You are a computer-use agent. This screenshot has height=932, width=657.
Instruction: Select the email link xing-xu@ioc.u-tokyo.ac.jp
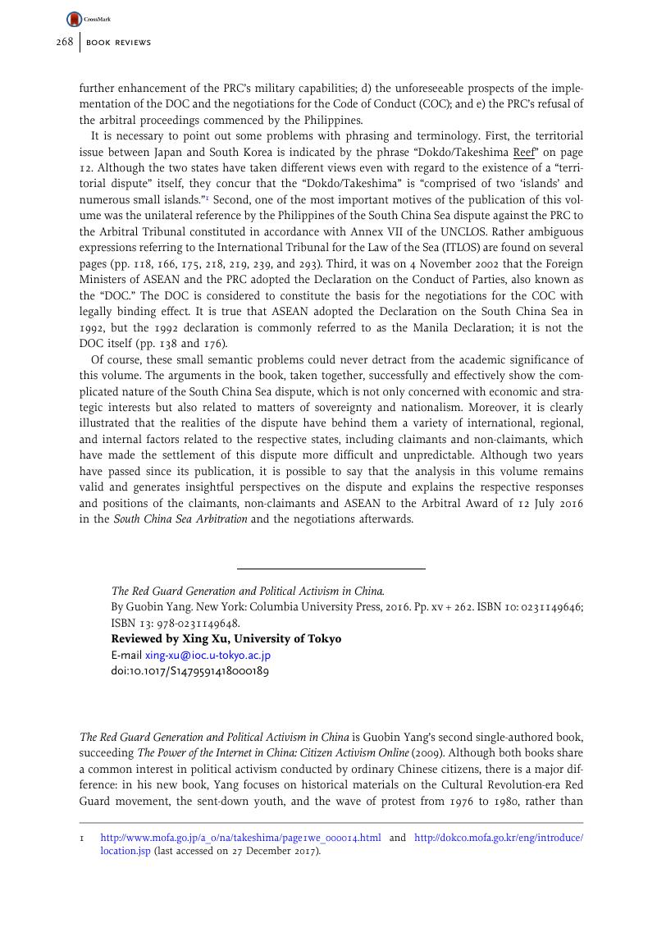(x=208, y=656)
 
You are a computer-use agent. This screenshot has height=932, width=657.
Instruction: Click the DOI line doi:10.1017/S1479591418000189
(x=189, y=670)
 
